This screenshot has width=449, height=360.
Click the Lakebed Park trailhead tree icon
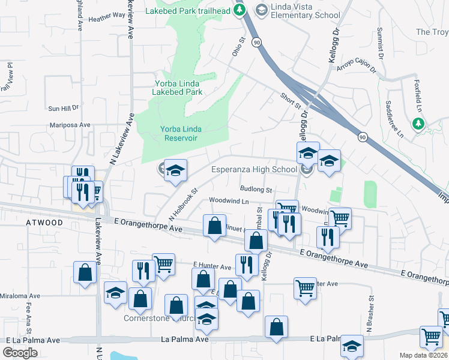(x=240, y=10)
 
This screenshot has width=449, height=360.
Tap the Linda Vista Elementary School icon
(x=261, y=10)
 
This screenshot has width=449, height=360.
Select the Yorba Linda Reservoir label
(x=179, y=133)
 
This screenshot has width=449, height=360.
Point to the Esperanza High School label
(x=255, y=169)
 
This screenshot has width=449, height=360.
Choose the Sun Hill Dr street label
(x=64, y=109)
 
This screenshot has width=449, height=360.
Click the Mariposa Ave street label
(x=70, y=125)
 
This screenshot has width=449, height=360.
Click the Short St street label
(x=290, y=101)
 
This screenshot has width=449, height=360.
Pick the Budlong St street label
(x=256, y=190)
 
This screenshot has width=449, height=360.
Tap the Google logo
(x=20, y=352)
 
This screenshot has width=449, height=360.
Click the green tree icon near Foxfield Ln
(x=418, y=124)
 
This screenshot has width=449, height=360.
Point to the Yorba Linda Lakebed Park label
(x=177, y=88)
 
